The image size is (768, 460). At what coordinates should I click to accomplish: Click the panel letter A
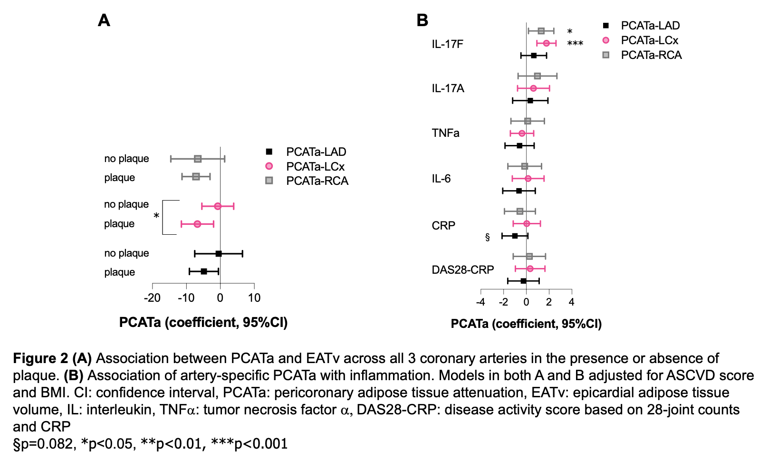104,20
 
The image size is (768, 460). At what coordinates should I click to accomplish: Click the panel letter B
422,20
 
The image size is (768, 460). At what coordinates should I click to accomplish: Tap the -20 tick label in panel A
152,298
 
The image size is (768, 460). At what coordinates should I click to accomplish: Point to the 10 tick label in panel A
254,298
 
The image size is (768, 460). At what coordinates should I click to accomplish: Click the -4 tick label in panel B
480,302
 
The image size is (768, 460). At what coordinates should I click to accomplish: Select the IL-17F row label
447,44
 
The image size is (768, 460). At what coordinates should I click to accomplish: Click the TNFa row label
445,133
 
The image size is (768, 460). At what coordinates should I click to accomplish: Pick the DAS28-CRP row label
462,270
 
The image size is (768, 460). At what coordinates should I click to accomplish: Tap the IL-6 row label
441,179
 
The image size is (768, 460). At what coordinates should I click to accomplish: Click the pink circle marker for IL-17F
547,43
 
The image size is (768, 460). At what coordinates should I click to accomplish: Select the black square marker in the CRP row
515,236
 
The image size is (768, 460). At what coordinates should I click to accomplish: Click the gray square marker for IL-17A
537,76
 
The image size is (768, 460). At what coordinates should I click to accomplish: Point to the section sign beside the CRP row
487,237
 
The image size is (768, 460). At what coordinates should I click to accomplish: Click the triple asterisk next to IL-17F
575,44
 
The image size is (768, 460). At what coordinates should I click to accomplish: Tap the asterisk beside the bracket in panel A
156,217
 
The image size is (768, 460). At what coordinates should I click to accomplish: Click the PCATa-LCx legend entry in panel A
315,166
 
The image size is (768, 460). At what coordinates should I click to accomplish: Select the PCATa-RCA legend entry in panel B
651,55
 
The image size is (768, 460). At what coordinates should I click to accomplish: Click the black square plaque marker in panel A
204,271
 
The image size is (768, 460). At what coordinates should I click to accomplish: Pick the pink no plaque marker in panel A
218,206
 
